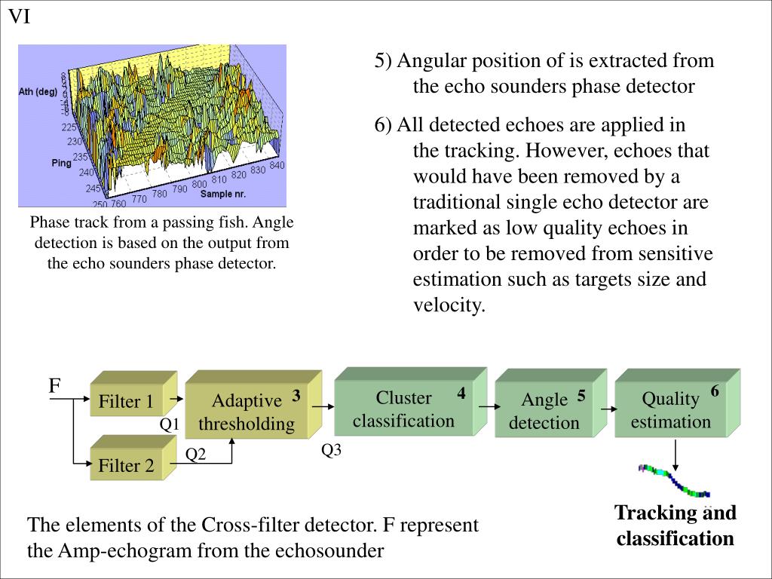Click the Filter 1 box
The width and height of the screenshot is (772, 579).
[x=127, y=401]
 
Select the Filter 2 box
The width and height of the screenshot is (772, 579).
[x=127, y=465]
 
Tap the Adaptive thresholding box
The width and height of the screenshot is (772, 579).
[x=247, y=412]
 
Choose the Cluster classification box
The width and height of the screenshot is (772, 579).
[x=403, y=409]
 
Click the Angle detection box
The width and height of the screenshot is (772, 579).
[x=544, y=411]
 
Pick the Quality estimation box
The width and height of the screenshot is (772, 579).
[x=670, y=409]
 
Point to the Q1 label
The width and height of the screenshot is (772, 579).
[x=169, y=424]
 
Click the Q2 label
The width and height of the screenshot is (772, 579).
[x=196, y=454]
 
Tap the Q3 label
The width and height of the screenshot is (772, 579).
[x=332, y=450]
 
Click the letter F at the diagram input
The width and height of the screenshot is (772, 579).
[x=54, y=387]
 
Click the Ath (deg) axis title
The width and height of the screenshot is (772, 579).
[x=38, y=92]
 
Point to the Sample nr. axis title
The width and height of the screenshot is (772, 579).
[x=223, y=195]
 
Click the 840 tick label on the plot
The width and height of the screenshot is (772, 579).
[x=276, y=165]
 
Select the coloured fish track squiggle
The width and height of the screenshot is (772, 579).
[x=673, y=481]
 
